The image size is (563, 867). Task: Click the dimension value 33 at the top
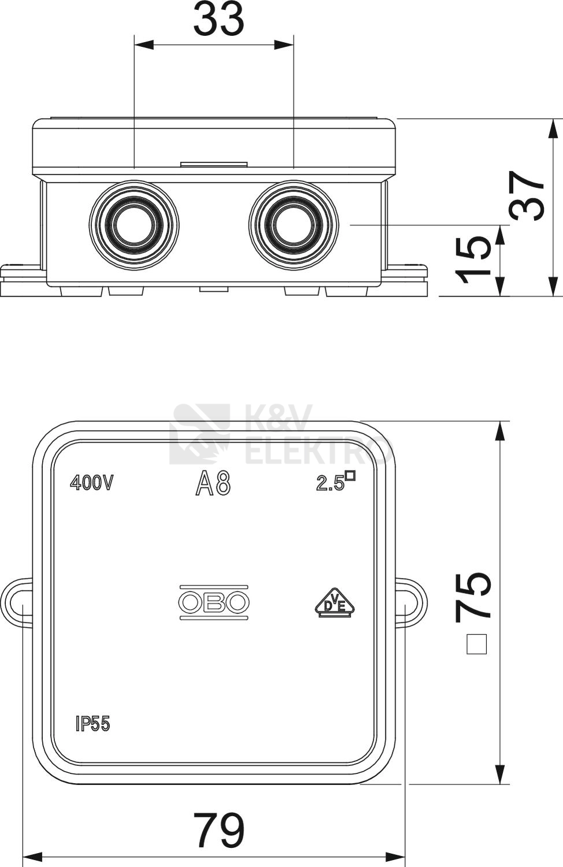219,19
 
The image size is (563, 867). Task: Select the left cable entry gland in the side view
134,225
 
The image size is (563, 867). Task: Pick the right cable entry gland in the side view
294,225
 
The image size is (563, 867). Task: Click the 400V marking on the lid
91,483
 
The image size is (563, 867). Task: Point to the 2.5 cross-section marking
335,481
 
